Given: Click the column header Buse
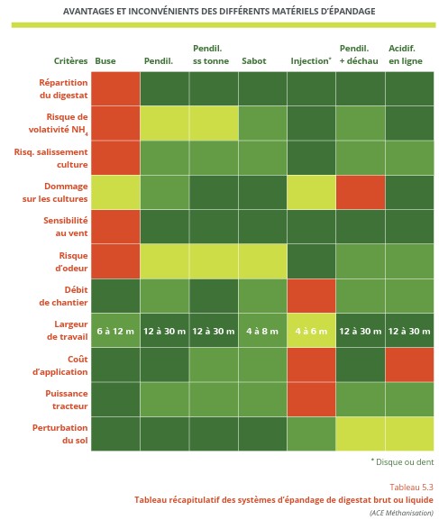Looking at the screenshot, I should [105, 61].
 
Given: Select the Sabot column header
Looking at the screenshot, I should [253, 61].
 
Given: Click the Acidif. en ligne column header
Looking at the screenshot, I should [407, 54].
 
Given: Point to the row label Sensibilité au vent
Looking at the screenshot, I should [68, 226].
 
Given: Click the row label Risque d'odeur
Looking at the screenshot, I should [69, 261].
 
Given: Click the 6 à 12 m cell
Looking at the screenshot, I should [115, 331].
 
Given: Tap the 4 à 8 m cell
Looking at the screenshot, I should [262, 331].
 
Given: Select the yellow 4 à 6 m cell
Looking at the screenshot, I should [311, 331].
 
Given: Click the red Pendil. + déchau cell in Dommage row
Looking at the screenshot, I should [360, 192].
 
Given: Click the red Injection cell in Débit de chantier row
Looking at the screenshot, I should [311, 296].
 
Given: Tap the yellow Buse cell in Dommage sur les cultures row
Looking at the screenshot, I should [115, 192].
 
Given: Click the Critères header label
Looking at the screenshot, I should [70, 61].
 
